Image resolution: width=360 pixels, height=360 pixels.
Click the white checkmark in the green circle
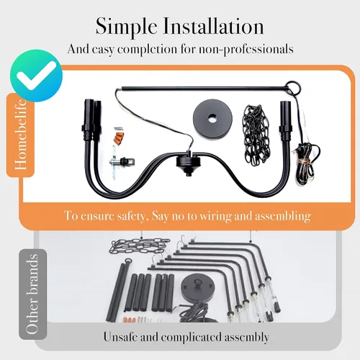[x=36, y=75]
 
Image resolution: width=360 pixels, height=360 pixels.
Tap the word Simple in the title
[x=126, y=27]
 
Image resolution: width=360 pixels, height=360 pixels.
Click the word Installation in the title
[x=213, y=26]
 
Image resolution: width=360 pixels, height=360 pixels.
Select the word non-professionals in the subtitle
[x=246, y=50]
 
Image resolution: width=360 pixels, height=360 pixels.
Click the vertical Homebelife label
[x=20, y=135]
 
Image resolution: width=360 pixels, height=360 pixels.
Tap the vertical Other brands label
[x=32, y=294]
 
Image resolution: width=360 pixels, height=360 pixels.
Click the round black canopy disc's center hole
[x=212, y=118]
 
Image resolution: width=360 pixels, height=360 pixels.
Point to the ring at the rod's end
[x=292, y=86]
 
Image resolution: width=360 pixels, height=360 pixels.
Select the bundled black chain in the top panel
[x=256, y=135]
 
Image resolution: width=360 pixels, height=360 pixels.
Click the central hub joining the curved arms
[x=188, y=163]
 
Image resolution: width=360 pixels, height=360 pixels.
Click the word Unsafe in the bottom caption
[x=121, y=337]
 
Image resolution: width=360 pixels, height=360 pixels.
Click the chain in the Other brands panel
[x=139, y=246]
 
